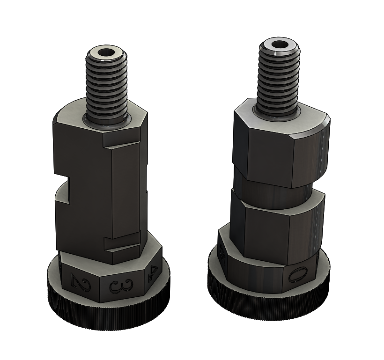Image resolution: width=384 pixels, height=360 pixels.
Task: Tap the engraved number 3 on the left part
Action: [115, 286]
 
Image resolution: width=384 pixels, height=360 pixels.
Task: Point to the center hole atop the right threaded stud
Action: [280, 45]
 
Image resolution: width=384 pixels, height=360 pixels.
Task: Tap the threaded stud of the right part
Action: [280, 77]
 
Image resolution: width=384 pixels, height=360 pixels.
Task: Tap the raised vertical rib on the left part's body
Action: [126, 192]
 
